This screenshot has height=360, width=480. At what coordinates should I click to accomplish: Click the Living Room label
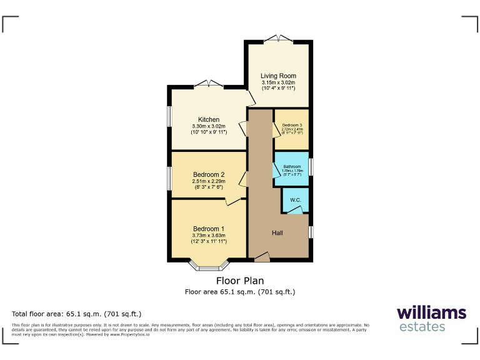tap(278, 76)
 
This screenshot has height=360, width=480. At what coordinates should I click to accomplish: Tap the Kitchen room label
tap(209, 119)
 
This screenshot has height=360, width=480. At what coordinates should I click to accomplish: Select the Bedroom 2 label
tap(209, 174)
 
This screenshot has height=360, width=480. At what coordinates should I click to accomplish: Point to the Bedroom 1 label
tap(209, 228)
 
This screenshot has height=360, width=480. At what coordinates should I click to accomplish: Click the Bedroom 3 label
tap(292, 126)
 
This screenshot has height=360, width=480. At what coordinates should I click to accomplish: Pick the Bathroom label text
tap(292, 166)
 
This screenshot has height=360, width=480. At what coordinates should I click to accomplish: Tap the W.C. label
tap(295, 200)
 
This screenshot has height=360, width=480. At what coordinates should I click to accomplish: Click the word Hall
tap(278, 232)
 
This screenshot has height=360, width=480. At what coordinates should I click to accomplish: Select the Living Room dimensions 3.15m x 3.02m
tap(278, 83)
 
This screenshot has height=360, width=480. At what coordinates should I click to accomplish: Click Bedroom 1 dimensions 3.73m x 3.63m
tap(209, 235)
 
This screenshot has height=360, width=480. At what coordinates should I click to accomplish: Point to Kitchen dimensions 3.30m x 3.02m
tap(209, 126)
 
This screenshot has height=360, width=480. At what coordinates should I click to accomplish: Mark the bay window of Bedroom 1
tap(209, 267)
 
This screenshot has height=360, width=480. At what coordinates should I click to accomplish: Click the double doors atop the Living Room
tap(277, 39)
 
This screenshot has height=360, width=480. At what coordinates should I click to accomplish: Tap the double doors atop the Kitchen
tap(207, 84)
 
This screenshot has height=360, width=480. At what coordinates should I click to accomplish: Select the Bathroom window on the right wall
tap(311, 167)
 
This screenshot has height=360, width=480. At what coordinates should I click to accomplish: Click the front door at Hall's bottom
tap(261, 256)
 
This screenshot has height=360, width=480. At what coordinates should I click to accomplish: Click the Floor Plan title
tap(240, 281)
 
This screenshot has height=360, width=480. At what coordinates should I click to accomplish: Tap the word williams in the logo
tap(431, 312)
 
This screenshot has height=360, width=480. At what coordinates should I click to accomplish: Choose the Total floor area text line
tap(77, 314)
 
